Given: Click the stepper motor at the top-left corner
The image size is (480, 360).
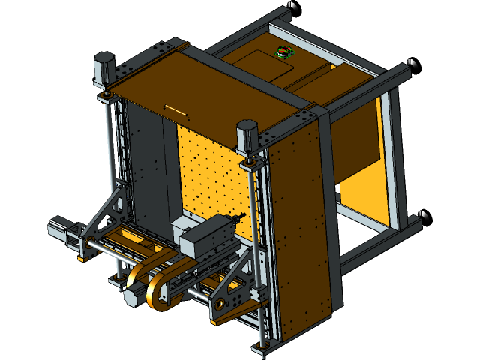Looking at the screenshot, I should (x=104, y=67).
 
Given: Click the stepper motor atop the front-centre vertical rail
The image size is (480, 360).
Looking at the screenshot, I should (x=248, y=135).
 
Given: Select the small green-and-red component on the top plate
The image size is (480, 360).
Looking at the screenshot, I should (x=283, y=52).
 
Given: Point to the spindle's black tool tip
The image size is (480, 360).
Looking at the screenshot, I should (x=241, y=218).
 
